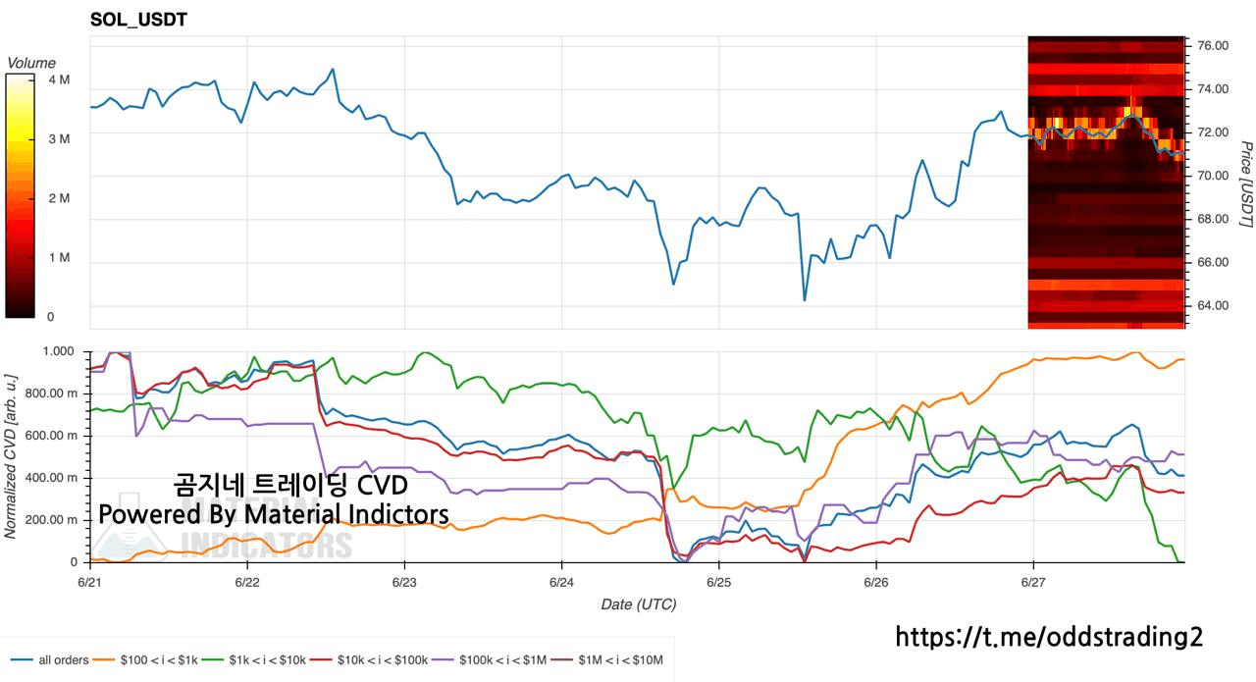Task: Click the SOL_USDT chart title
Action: (x=138, y=20)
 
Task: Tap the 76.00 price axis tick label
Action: (x=1213, y=45)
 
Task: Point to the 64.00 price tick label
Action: (x=1213, y=305)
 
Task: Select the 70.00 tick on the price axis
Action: (x=1213, y=176)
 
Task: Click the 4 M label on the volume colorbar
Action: (x=59, y=79)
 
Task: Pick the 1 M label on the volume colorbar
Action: (x=59, y=257)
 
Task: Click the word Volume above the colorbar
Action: (x=31, y=63)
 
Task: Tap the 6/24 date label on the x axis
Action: (x=561, y=582)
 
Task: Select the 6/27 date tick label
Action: (x=1033, y=582)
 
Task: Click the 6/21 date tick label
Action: (x=89, y=582)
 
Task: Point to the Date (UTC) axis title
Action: (x=639, y=604)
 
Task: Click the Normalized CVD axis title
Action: (x=10, y=456)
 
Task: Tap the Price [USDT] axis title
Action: (x=1245, y=184)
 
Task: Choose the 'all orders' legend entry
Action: (x=49, y=660)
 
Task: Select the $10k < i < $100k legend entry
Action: (x=370, y=660)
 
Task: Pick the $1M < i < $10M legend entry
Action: (x=607, y=660)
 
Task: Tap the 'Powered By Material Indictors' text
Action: (x=274, y=514)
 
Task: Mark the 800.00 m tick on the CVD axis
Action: (x=51, y=393)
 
